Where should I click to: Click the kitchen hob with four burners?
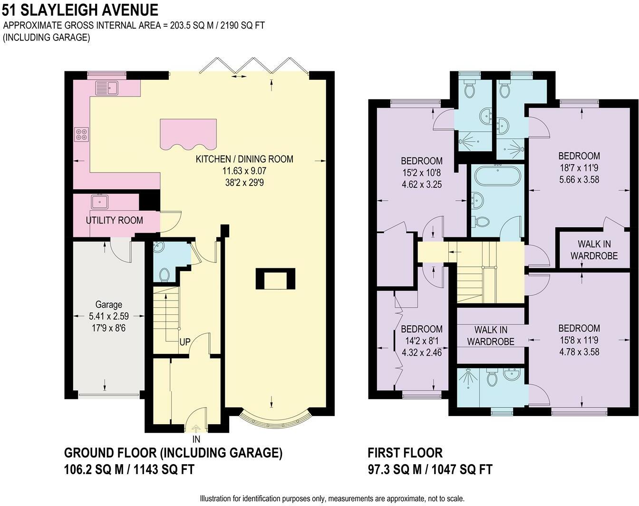click(x=81, y=134)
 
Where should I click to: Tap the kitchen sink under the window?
click(x=106, y=88)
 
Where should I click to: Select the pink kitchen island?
click(x=188, y=135)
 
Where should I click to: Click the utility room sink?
click(x=100, y=202)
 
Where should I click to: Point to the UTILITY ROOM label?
click(x=114, y=221)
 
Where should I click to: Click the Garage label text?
click(x=109, y=304)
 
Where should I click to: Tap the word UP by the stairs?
click(x=184, y=342)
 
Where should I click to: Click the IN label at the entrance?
click(x=196, y=439)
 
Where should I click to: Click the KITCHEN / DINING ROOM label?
click(x=244, y=159)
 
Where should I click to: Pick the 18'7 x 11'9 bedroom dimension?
click(x=579, y=168)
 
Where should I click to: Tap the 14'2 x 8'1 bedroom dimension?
click(x=422, y=341)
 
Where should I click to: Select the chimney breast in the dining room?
click(x=276, y=279)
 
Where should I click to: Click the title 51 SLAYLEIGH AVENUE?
click(x=80, y=10)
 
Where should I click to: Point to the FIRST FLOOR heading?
click(x=405, y=453)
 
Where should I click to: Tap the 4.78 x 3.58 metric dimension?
click(x=579, y=352)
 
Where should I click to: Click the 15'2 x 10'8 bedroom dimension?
click(x=422, y=173)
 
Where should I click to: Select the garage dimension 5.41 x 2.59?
click(x=109, y=316)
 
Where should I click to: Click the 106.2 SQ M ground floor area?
click(x=94, y=470)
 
